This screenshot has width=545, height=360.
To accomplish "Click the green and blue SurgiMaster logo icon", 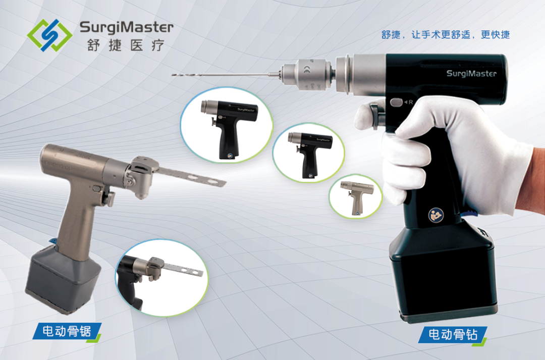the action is (49, 35).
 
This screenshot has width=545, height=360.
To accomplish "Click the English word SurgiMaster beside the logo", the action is (127, 27).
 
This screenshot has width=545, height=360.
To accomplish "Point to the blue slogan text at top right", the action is (446, 35).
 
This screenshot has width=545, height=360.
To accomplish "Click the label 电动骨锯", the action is (67, 331).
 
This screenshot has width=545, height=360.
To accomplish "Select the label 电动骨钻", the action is (452, 334).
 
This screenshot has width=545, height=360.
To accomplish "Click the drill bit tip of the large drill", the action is (173, 74).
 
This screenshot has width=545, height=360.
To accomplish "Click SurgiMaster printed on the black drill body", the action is (471, 73).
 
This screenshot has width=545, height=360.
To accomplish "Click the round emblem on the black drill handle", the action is (435, 215).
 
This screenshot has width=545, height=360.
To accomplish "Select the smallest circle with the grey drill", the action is (355, 196).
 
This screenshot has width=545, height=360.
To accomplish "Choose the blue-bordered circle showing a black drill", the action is (227, 125).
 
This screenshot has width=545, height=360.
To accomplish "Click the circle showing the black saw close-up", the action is (162, 278).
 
